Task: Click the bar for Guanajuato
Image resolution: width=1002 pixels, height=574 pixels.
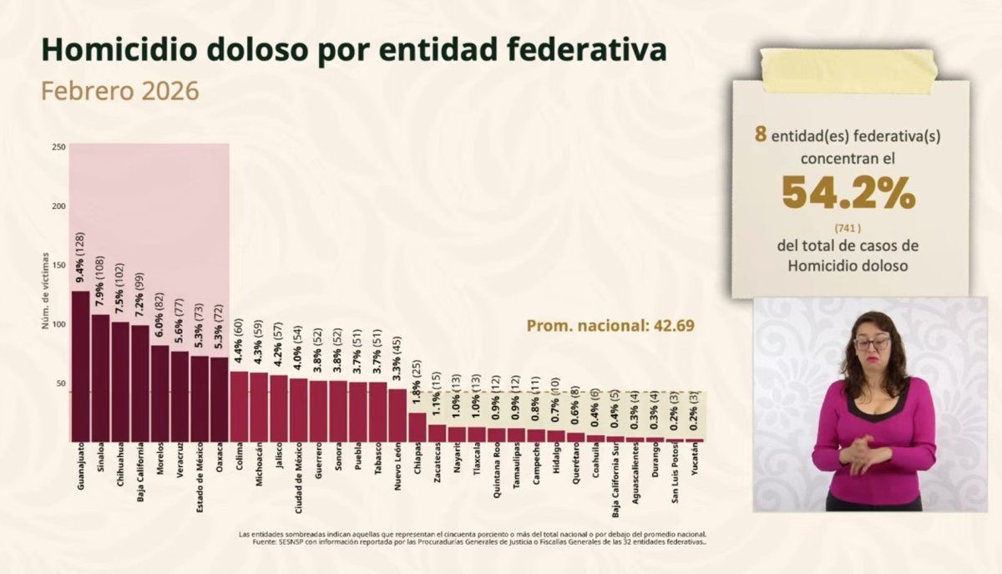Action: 80,366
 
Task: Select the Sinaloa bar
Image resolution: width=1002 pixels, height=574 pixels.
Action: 100,378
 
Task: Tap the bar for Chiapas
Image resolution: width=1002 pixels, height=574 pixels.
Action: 417,427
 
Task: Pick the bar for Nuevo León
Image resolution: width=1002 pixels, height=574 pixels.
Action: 397,414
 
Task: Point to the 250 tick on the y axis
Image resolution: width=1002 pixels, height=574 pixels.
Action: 58,147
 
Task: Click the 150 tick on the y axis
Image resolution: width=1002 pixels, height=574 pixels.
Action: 58,265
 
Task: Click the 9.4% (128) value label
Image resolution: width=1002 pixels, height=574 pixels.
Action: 80,259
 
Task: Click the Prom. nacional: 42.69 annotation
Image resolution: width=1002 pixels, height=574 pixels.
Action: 610,325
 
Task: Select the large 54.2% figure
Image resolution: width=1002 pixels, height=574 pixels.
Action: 848,195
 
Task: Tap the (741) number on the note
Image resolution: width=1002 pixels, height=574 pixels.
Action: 848,227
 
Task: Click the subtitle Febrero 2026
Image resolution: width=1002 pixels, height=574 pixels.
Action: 120,90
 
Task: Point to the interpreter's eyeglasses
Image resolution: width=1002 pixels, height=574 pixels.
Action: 872,343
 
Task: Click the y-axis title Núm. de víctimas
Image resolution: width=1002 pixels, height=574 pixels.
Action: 47,290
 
